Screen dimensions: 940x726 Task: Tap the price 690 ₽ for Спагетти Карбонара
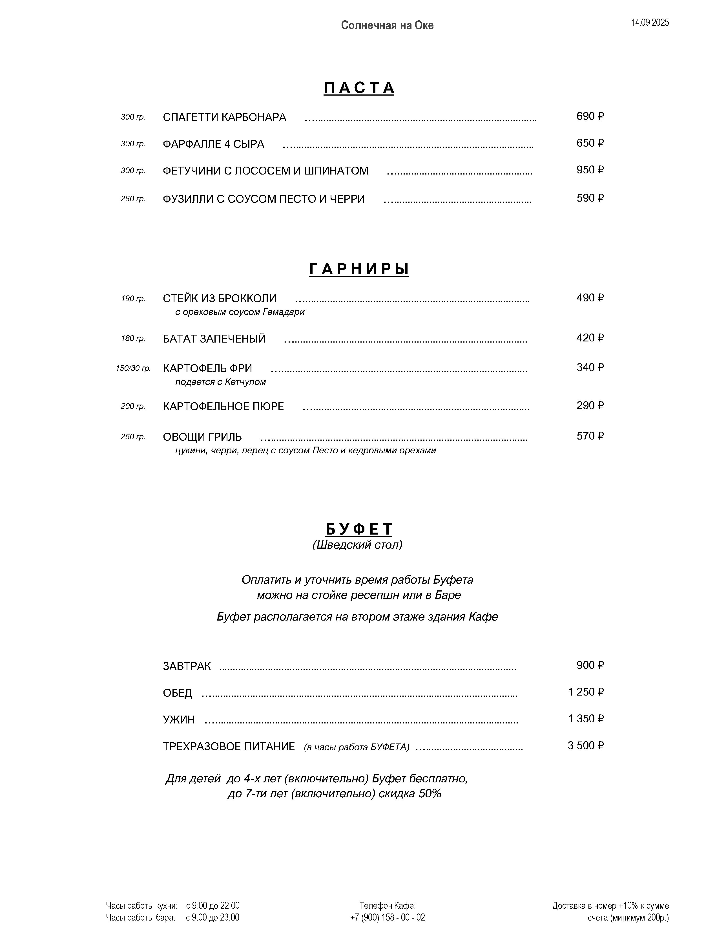pyautogui.click(x=590, y=116)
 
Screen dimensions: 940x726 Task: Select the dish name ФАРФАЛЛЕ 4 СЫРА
pyautogui.click(x=213, y=144)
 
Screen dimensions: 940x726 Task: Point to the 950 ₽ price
pyautogui.click(x=590, y=170)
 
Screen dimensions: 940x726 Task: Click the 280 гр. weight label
pyautogui.click(x=132, y=199)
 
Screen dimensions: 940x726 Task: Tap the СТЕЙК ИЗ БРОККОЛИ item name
pyautogui.click(x=220, y=298)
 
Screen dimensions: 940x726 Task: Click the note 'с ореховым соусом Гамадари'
pyautogui.click(x=240, y=312)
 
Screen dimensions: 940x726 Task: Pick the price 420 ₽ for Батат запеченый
pyautogui.click(x=590, y=338)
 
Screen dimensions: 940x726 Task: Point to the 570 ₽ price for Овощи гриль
pyautogui.click(x=590, y=436)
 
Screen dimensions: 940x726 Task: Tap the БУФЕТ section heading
pyautogui.click(x=359, y=529)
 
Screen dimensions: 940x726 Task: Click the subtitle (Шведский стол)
pyautogui.click(x=357, y=545)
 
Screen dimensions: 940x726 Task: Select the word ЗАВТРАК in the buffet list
pyautogui.click(x=187, y=666)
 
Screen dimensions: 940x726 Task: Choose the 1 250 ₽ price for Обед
pyautogui.click(x=585, y=692)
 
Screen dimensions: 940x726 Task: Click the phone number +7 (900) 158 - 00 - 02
pyautogui.click(x=387, y=917)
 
